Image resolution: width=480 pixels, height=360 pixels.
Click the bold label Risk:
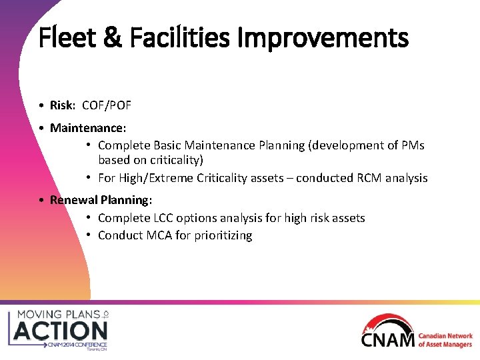[x=63, y=105]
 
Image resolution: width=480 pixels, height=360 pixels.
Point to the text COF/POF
[x=107, y=105]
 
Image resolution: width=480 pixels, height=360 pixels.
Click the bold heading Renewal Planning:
[x=101, y=200]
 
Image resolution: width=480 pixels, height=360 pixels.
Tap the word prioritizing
[x=223, y=235]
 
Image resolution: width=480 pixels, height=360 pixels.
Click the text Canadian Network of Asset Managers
[x=445, y=340]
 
